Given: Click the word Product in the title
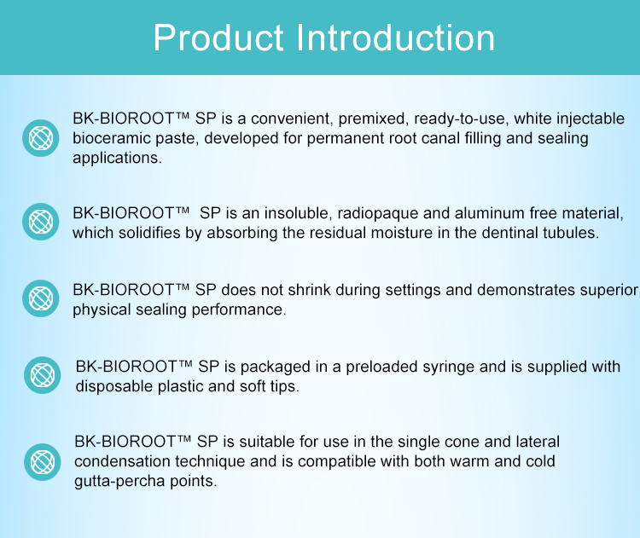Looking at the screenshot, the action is coord(218,38).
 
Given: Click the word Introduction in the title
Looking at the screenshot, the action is coord(395,38).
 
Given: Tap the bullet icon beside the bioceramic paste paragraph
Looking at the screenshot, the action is coord(41,138).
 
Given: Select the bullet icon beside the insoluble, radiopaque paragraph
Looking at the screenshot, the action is coord(41,222).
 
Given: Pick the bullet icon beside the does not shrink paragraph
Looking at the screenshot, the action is coord(41,298).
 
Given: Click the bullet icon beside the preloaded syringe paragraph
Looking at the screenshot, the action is coord(43,375).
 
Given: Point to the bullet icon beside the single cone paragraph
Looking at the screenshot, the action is coord(43,462).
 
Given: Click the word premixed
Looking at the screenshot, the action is coord(374,119).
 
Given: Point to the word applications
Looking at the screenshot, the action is coord(117,159).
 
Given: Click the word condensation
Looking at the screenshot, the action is coord(122,462).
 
